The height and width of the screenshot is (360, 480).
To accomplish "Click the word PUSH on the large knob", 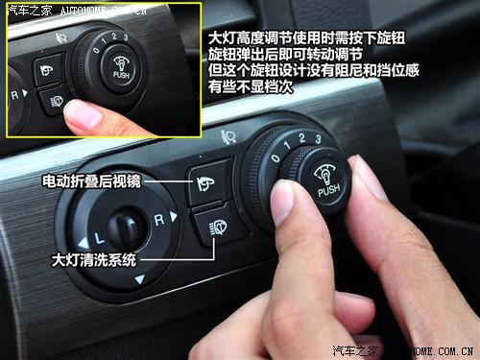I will (328, 191).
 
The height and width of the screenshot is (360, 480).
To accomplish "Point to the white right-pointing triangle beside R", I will (175, 215).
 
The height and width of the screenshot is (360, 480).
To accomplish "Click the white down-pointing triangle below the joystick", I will (140, 279).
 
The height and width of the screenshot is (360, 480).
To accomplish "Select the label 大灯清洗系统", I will (95, 259).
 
